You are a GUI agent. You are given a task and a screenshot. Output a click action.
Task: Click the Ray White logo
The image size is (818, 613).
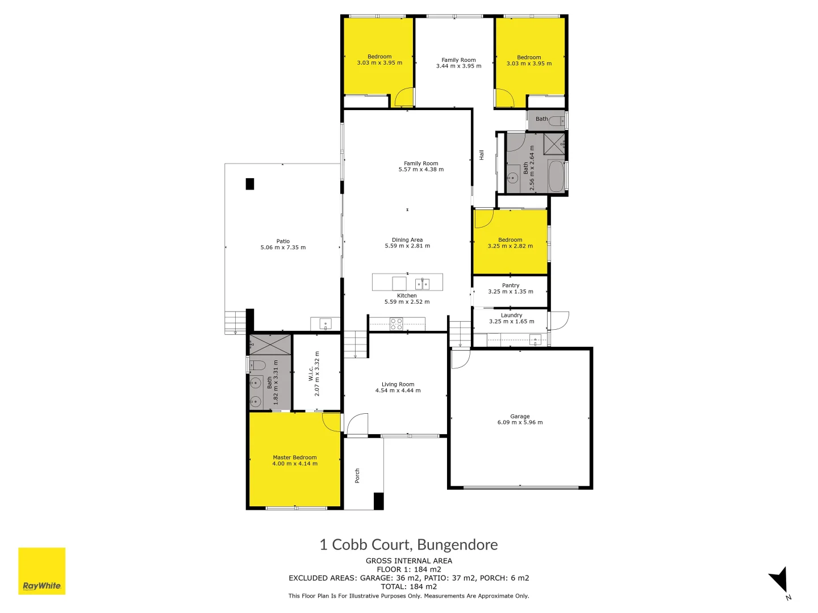[x=41, y=571]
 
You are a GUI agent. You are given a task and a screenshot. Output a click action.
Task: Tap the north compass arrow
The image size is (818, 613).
[x=779, y=581]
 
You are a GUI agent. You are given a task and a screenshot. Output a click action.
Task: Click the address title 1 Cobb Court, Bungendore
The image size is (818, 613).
[x=408, y=545]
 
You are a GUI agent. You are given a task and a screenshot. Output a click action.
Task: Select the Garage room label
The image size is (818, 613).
[x=520, y=416]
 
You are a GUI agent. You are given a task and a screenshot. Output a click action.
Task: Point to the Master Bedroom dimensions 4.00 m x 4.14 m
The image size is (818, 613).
[x=295, y=464]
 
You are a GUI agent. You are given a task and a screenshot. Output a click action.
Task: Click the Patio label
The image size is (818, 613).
[x=283, y=241]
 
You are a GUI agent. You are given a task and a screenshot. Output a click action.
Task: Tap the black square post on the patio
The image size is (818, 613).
[x=249, y=184]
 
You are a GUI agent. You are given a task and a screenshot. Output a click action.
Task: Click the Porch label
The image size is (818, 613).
[x=357, y=476]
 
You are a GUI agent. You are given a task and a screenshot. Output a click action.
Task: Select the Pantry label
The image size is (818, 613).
[x=511, y=285]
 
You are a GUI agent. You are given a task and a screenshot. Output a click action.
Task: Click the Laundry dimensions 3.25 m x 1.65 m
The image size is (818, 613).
[x=511, y=321]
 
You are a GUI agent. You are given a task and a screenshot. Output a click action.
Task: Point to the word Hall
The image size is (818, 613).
[x=482, y=155]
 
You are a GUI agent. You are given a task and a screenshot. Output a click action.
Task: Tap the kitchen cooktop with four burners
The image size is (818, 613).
[x=397, y=324]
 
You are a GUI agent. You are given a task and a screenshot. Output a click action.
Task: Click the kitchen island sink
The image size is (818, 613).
[x=422, y=283]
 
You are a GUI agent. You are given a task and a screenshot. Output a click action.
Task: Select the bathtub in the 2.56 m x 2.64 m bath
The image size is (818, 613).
[x=556, y=177]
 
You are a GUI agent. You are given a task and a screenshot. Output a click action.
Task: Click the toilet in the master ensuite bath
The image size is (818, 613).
[x=257, y=364]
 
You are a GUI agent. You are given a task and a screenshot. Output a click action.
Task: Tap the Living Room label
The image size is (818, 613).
[x=398, y=384]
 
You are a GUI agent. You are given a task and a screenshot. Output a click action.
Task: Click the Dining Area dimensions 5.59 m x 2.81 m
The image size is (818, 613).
[x=407, y=246]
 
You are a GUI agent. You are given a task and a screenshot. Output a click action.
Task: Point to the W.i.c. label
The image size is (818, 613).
[x=311, y=373]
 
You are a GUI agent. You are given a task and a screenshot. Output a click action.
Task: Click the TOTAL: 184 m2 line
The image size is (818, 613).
[x=408, y=586]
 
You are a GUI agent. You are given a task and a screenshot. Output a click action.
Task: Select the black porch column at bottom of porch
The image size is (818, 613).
[x=378, y=501]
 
